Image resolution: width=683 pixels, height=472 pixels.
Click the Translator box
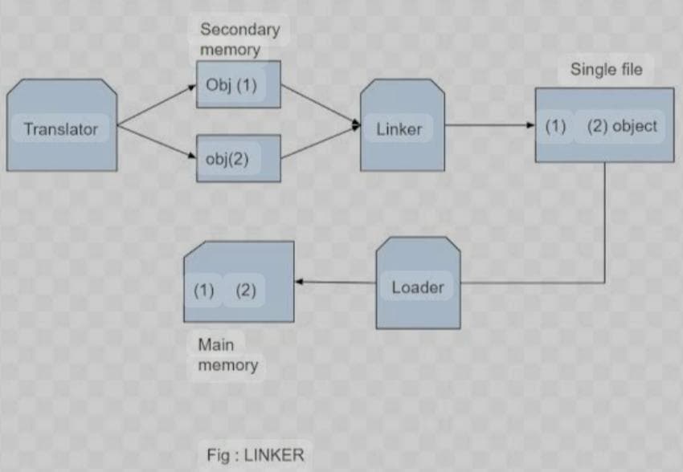(x=61, y=128)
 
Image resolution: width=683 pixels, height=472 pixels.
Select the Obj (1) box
(x=238, y=84)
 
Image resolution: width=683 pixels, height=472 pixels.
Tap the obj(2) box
(x=238, y=158)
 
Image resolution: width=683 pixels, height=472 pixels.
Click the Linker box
(x=401, y=128)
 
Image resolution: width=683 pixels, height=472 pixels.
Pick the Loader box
(x=418, y=286)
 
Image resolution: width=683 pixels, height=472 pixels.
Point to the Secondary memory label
(x=239, y=39)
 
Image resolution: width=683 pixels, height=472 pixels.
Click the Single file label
(x=606, y=70)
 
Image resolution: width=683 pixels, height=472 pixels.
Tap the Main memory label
(x=227, y=355)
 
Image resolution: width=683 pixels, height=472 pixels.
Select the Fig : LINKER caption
(x=256, y=455)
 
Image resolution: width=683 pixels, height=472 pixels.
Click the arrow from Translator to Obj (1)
(x=157, y=104)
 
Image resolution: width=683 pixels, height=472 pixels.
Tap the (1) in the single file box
(x=555, y=126)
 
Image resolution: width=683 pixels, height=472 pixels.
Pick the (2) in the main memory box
(x=245, y=290)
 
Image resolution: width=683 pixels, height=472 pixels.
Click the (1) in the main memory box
(x=204, y=290)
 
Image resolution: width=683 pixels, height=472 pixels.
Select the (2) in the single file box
(x=597, y=126)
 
